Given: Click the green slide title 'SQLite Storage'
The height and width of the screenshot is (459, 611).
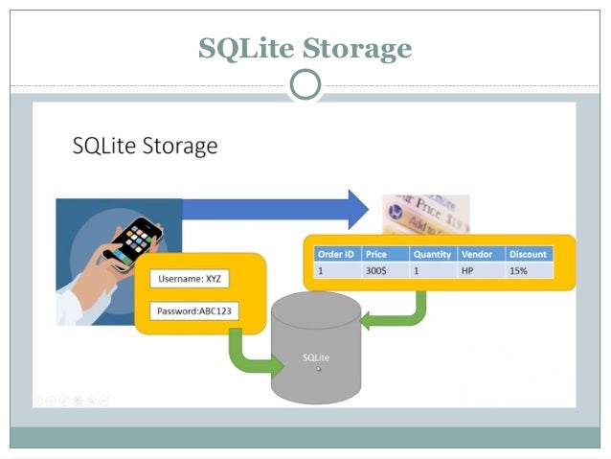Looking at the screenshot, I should click(305, 48).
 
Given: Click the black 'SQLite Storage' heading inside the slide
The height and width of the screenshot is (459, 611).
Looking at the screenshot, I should click(146, 146).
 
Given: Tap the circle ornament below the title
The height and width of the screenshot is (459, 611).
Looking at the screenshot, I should click(305, 84).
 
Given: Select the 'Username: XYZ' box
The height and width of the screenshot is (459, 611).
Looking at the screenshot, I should click(189, 280).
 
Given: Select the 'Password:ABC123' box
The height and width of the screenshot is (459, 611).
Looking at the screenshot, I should click(195, 311).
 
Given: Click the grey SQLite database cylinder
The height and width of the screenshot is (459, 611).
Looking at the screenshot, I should click(316, 350).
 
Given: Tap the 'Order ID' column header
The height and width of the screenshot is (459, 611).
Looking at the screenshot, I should click(337, 254).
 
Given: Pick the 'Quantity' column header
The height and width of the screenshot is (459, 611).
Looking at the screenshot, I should click(433, 254).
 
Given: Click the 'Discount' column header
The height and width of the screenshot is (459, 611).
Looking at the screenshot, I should click(529, 254).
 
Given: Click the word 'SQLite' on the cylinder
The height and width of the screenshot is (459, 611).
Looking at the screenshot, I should click(316, 357).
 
